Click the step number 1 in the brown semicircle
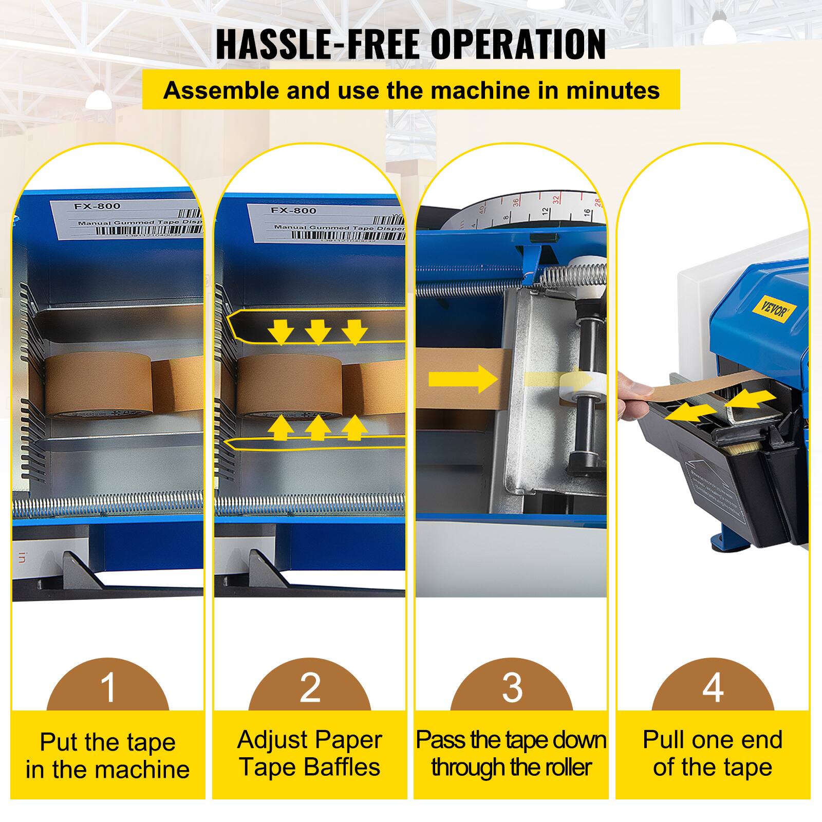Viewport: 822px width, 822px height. (x=108, y=687)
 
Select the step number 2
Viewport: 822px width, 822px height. (x=310, y=687)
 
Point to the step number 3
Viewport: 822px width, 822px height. (x=512, y=687)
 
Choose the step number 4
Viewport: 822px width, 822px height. (x=713, y=687)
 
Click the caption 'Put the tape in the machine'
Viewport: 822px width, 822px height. (x=108, y=756)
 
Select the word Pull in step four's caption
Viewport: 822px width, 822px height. (x=664, y=740)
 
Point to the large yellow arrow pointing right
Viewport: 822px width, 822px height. (x=462, y=380)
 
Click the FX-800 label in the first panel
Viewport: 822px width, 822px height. (x=97, y=206)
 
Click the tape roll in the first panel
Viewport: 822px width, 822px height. (x=98, y=386)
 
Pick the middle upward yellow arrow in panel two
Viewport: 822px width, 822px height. (x=318, y=427)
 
